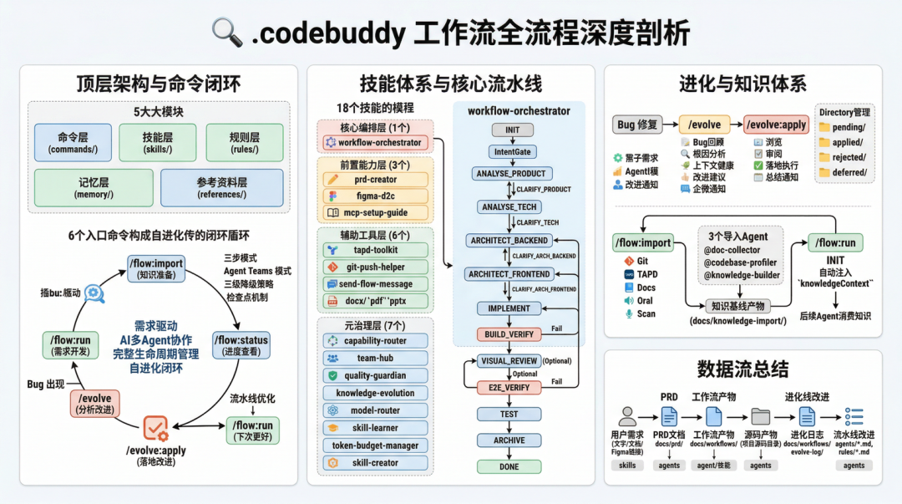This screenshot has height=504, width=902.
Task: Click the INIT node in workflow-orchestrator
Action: click(513, 130)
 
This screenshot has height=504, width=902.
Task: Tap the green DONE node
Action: click(509, 467)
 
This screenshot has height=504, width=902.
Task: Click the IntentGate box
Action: click(512, 152)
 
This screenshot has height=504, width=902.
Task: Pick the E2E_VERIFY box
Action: click(509, 388)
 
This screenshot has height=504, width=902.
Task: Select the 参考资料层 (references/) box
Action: click(220, 188)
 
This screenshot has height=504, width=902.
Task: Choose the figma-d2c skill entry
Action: click(376, 196)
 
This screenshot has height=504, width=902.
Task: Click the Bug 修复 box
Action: click(637, 125)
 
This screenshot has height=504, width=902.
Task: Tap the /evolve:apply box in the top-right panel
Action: click(776, 125)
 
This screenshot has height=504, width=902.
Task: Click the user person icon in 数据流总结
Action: click(627, 416)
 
